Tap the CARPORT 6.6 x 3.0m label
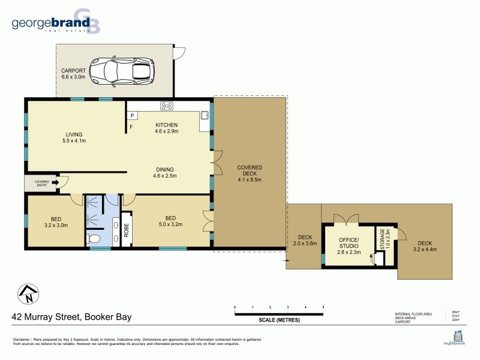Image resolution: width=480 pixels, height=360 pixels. tap(73, 73)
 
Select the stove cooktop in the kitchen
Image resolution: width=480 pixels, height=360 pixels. tap(167, 106)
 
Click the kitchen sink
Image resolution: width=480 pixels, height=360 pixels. tap(205, 114)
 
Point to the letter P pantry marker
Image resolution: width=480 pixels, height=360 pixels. tap(131, 116)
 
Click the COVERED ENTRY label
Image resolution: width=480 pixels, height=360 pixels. tap(41, 183)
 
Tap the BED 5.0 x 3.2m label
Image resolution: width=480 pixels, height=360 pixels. tap(170, 221)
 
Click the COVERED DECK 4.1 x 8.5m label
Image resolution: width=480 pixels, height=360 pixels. tap(250, 173)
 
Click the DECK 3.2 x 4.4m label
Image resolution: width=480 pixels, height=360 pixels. tap(425, 246)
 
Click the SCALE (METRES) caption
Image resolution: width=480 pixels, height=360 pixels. tap(279, 320)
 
